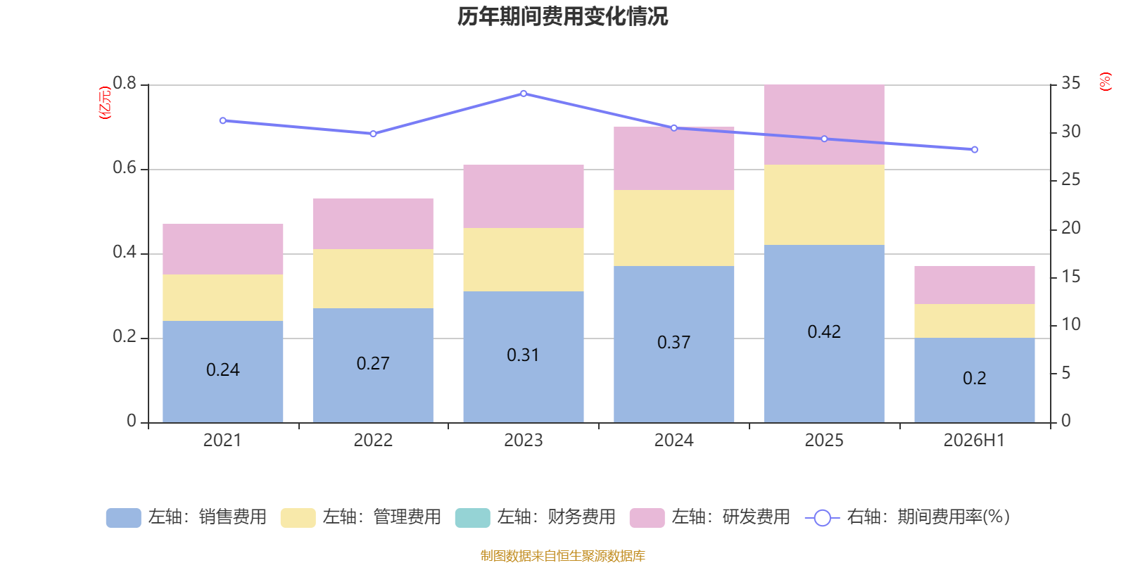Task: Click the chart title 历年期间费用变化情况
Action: [562, 17]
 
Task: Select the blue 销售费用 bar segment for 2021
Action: [222, 372]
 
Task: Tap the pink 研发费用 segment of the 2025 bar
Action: [824, 125]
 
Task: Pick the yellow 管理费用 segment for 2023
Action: [524, 260]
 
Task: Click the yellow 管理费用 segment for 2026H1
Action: [974, 321]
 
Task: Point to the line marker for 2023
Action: [524, 94]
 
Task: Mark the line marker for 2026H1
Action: [974, 149]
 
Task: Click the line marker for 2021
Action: [222, 120]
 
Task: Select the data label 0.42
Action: [824, 331]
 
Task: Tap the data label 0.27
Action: [373, 363]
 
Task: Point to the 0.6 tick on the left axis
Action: [125, 168]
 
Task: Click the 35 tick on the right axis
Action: [1070, 84]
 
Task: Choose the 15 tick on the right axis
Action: [1070, 277]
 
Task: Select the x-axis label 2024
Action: [673, 441]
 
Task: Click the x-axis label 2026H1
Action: [974, 441]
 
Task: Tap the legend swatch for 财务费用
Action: [472, 518]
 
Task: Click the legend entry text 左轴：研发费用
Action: [731, 517]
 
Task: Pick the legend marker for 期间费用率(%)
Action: [823, 518]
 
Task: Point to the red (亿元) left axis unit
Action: [105, 103]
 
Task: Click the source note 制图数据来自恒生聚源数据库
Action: [562, 555]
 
